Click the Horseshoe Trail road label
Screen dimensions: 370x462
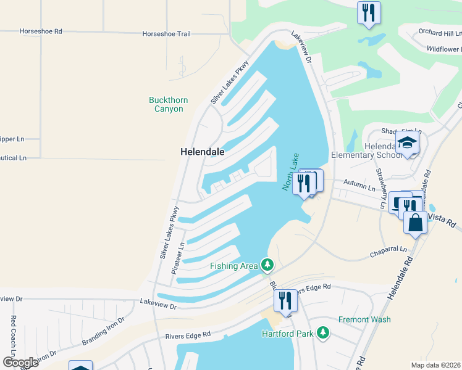pyautogui.click(x=166, y=34)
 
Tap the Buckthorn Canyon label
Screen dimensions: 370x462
pyautogui.click(x=169, y=104)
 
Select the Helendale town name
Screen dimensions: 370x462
pyautogui.click(x=202, y=151)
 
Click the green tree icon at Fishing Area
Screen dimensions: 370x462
pyautogui.click(x=267, y=265)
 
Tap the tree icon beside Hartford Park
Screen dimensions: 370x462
pyautogui.click(x=322, y=333)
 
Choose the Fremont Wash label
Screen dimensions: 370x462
pyautogui.click(x=364, y=319)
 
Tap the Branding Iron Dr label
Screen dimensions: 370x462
pyautogui.click(x=103, y=331)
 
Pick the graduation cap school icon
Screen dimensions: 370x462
pyautogui.click(x=407, y=144)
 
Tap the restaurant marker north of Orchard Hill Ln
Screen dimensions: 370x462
pyautogui.click(x=369, y=12)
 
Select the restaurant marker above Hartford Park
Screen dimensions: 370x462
pyautogui.click(x=285, y=301)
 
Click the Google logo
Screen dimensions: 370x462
pyautogui.click(x=21, y=362)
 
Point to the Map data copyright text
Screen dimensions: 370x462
pyautogui.click(x=435, y=364)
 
